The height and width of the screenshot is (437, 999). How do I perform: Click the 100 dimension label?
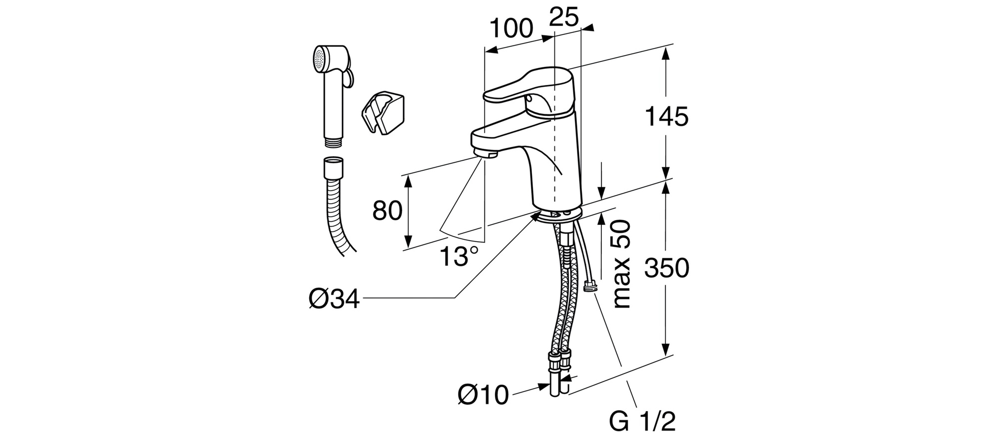(x=510, y=29)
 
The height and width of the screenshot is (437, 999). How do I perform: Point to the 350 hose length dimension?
(x=666, y=268)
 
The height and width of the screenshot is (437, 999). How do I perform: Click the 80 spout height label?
(x=388, y=211)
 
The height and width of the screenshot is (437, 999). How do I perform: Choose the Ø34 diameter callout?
(x=334, y=300)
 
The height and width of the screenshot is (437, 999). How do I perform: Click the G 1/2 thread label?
(x=642, y=423)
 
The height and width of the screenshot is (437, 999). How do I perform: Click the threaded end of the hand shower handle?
(x=332, y=142)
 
